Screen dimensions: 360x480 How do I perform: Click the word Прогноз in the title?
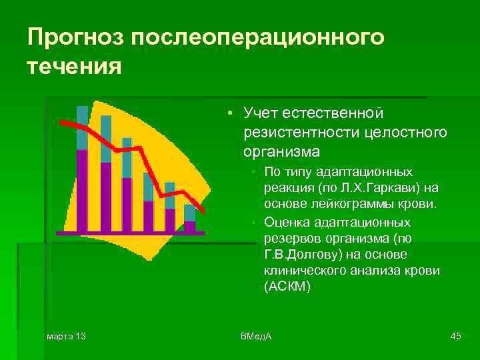pos(75,37)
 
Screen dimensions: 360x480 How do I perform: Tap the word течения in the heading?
pos(75,67)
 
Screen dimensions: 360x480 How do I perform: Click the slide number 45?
pos(456,335)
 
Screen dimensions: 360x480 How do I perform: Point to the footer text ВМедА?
pos(256,335)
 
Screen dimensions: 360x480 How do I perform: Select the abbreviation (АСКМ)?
pos(287,286)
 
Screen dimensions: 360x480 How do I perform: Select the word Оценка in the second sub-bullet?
pos(285,221)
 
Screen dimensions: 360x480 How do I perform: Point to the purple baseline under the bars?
pos(130,233)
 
